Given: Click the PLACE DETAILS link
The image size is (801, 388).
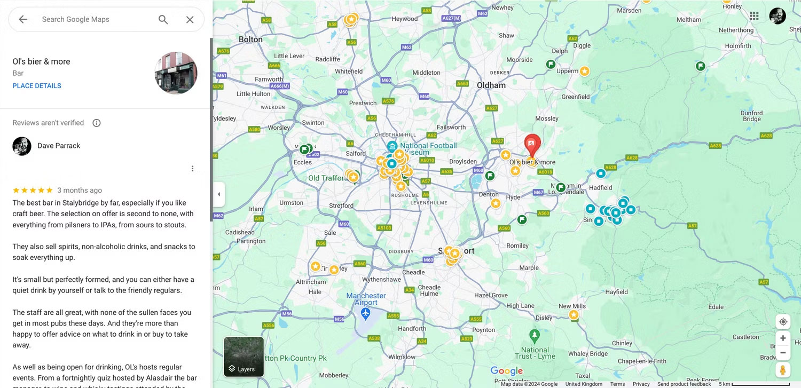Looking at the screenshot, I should point(37,86).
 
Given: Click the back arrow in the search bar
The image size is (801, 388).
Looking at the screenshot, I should point(23,20).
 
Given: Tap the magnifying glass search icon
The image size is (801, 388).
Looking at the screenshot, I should point(163,20).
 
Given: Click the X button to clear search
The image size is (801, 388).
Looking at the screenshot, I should point(190,20).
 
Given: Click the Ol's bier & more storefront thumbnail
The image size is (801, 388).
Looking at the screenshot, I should point(176,73).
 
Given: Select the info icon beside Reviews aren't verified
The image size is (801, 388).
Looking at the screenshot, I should point(97,123).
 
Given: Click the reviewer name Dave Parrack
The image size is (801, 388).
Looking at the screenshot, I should point(59,146).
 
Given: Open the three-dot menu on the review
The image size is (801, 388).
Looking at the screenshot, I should point(193,169).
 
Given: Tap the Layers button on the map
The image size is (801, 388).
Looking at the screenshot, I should point(244,357).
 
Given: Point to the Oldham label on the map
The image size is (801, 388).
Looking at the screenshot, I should point(491,85).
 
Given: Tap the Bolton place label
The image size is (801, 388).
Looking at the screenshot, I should point(250,39).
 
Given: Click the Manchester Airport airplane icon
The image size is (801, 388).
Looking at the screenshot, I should point(366,313).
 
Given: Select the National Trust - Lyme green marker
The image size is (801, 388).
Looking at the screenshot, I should point(535,336).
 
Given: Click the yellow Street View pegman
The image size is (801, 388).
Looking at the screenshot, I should point(783,369).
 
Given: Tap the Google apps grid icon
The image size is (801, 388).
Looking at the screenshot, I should point(754,16).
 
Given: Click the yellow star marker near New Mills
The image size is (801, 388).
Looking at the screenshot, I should point(574,315).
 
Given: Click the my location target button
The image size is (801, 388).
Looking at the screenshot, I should point(783,322).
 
